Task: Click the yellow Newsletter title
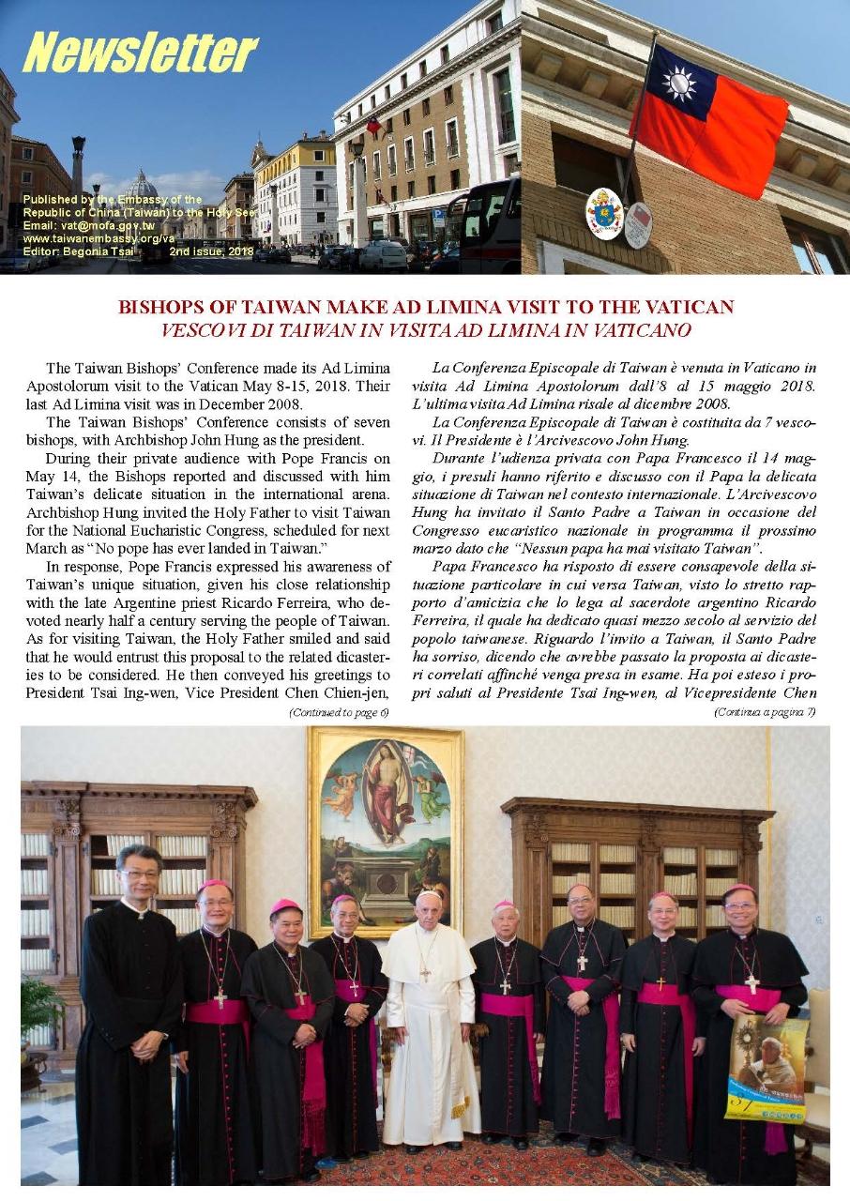[140, 53]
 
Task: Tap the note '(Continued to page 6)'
[338, 712]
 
